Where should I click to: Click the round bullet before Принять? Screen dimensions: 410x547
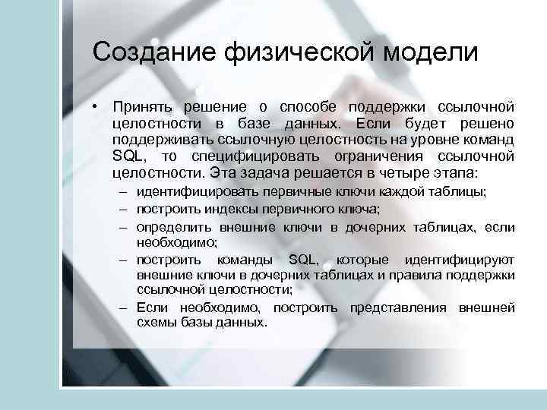[96, 106]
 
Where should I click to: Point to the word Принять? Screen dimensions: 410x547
[141, 106]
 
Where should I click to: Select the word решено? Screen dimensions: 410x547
[492, 123]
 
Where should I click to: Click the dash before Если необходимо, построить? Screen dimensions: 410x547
[123, 308]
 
